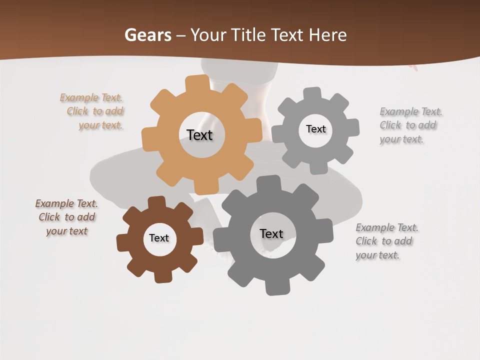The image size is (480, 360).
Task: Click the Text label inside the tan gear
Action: pos(199,135)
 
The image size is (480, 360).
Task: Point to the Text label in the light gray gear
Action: pos(315,129)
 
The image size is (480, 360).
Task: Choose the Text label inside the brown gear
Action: pos(159,238)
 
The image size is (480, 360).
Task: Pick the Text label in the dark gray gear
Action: pos(271,233)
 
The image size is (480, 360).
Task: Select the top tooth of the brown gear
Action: pos(156,202)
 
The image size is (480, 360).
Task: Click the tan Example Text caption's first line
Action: pos(91,97)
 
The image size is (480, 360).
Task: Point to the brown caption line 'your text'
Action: pos(66,231)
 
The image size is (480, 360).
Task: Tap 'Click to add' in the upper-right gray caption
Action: pos(407,125)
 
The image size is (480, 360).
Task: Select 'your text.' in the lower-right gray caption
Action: pos(377,255)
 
